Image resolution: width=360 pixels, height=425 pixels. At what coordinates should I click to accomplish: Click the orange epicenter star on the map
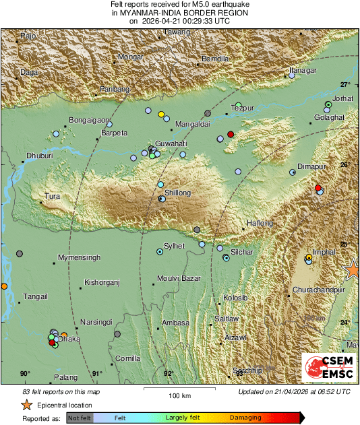click(352, 269)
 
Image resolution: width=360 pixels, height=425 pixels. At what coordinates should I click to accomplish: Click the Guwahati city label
click(171, 144)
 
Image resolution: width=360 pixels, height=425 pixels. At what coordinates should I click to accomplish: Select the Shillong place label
click(173, 193)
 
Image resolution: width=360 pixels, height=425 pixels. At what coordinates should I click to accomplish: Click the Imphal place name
click(324, 252)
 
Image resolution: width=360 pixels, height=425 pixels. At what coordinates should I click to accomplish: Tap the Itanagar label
click(303, 70)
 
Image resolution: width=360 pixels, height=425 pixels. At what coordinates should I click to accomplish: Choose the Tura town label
click(52, 197)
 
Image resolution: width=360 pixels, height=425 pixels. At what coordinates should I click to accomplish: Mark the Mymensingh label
click(79, 258)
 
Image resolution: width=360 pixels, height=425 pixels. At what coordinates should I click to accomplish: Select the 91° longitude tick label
click(97, 374)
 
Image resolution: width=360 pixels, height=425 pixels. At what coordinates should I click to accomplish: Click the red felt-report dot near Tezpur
click(231, 134)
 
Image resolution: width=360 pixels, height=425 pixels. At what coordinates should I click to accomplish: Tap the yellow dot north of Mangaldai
click(161, 115)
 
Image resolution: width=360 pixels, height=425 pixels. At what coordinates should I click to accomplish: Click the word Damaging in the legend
click(245, 418)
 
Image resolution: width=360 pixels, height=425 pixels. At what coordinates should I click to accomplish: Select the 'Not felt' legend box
click(79, 418)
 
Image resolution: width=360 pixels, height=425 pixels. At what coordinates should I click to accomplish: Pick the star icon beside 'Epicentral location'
click(26, 405)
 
